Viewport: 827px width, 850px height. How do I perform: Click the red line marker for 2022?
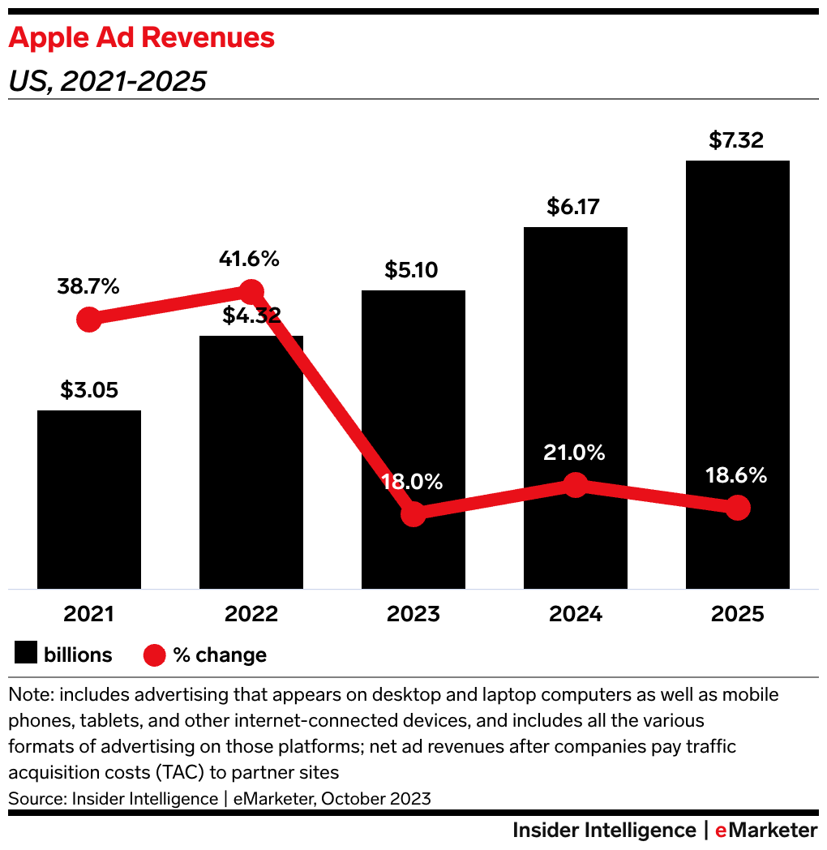[x=251, y=292]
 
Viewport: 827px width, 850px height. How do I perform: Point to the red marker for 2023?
[x=413, y=513]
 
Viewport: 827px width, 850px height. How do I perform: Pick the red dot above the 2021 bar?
[x=89, y=320]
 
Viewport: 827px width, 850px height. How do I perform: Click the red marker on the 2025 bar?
[x=737, y=508]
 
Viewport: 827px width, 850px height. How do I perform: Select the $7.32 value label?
[x=736, y=140]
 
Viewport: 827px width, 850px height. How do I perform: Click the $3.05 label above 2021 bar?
[x=89, y=390]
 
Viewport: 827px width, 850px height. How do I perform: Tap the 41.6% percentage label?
[x=249, y=260]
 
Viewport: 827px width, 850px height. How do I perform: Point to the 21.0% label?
[x=574, y=453]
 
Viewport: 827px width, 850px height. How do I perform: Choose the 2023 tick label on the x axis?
[x=413, y=614]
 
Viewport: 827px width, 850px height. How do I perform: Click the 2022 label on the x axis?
[x=251, y=614]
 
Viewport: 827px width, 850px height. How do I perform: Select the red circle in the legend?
[x=155, y=655]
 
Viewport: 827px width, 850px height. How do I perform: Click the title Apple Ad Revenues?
[x=141, y=37]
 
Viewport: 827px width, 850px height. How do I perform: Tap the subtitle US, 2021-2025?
[x=107, y=81]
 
